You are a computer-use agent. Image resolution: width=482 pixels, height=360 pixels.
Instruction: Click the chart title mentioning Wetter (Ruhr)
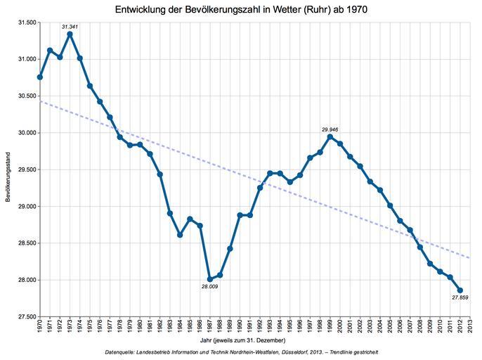coord(241,9)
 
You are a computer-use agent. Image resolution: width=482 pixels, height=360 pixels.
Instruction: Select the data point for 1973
coord(70,34)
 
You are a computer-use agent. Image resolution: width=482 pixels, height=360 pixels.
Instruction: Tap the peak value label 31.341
coord(70,26)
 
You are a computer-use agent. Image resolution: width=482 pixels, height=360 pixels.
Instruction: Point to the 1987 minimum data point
coord(209,279)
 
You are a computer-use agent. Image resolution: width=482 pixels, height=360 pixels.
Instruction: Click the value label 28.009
coord(209,287)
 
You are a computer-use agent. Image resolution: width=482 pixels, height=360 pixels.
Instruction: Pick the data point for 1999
coord(330,136)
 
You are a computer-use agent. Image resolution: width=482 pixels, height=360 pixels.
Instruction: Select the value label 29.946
coord(330,129)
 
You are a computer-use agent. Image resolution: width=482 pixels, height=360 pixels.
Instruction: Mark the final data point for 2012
coord(460,290)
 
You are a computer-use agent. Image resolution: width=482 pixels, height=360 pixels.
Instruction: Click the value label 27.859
coord(460,298)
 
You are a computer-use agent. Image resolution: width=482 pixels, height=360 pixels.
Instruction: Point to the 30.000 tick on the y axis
coord(25,133)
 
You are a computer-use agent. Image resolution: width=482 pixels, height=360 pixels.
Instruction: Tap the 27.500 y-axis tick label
coord(25,317)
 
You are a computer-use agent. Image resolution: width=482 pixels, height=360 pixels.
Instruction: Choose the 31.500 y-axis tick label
coord(25,22)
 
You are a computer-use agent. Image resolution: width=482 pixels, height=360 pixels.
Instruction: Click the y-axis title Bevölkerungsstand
coord(7,169)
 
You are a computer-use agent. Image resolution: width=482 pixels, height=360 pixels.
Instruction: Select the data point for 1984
coord(180,235)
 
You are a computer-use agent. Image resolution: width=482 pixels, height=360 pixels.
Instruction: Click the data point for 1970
coord(40,77)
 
